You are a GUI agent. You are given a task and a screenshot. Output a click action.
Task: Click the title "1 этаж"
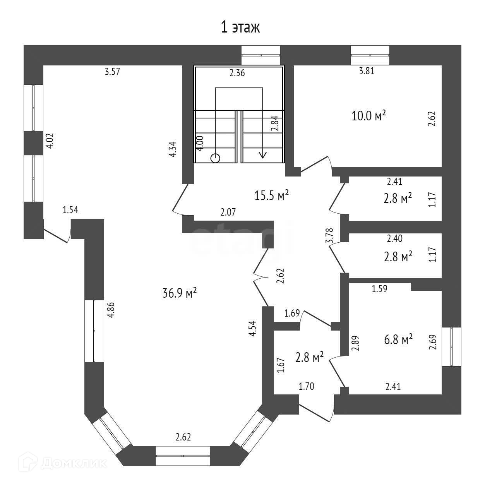(240, 27)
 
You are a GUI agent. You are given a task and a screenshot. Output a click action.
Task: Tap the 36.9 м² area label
(180, 293)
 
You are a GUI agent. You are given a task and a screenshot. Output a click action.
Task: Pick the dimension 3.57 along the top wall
(113, 71)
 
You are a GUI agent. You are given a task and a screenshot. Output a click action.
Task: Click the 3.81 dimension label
(367, 71)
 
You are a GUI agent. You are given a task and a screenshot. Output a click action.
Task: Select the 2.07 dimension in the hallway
(228, 212)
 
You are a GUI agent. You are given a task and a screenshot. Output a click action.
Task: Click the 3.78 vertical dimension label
(330, 235)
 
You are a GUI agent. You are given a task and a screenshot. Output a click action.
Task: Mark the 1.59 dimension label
(380, 288)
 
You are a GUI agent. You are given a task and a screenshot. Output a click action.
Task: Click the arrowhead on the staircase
(263, 154)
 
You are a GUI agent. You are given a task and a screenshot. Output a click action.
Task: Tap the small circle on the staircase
(215, 158)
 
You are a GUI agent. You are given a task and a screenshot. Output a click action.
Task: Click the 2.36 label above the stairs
(237, 73)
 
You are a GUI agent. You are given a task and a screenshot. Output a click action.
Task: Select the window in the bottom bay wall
(182, 456)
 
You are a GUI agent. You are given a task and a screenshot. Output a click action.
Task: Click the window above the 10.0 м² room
(370, 55)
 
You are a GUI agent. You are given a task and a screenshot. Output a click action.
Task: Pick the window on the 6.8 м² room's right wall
(452, 346)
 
